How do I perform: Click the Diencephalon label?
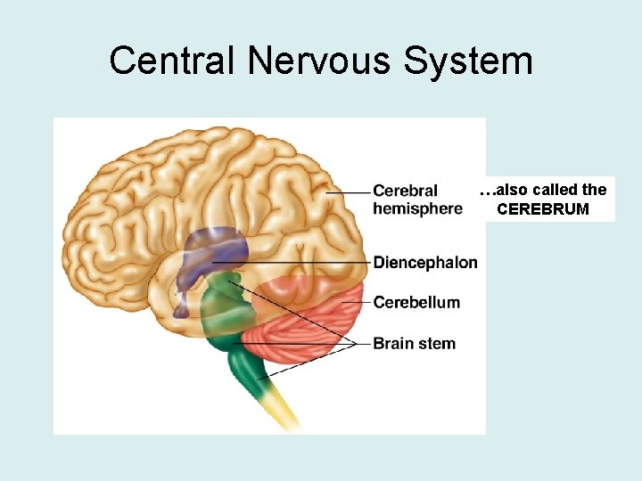coord(424,263)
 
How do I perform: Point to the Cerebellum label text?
coord(416,302)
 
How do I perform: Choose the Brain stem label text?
coord(414,343)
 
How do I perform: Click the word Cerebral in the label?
coord(405,191)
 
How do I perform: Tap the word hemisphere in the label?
coord(417,208)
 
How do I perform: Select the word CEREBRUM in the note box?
coord(543,210)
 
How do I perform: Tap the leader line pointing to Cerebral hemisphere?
coord(348,192)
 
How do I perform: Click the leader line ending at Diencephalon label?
coord(303,263)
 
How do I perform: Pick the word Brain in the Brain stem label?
coord(392,343)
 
